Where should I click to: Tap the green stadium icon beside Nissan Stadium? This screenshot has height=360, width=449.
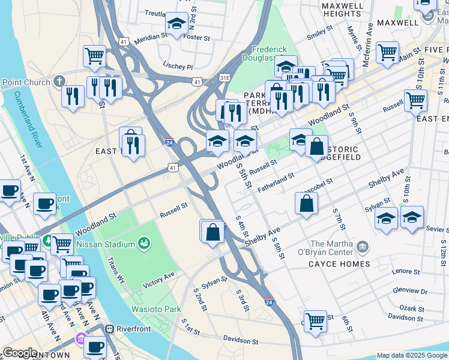click(143, 243)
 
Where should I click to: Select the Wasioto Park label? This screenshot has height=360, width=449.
click(156, 309)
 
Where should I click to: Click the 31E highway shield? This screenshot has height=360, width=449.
click(224, 77)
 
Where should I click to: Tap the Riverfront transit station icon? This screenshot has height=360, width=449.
click(110, 329)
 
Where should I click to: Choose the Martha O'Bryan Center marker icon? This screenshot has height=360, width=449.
click(362, 247)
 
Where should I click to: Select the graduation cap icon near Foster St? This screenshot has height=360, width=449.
click(176, 23)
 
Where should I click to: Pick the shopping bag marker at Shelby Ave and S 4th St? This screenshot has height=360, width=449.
click(212, 232)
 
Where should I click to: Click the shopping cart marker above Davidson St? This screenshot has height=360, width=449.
click(315, 321)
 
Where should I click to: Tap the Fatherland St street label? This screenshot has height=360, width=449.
click(276, 183)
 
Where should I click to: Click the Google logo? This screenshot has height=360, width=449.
click(20, 353)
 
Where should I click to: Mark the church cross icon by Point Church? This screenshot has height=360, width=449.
click(59, 80)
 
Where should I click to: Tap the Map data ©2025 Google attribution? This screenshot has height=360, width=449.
click(412, 355)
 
